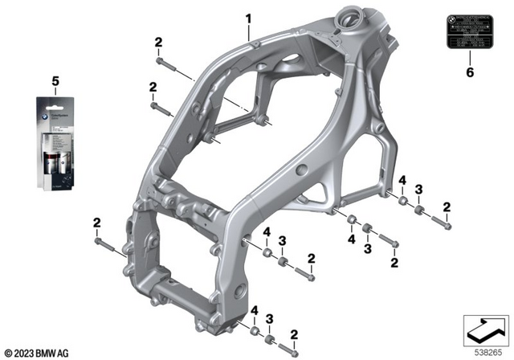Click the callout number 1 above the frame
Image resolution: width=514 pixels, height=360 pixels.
[248, 18]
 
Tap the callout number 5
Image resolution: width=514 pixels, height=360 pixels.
[55, 81]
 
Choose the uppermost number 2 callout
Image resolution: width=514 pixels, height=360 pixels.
[158, 42]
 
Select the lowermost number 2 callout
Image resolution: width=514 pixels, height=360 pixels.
[294, 334]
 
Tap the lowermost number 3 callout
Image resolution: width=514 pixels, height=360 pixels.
[270, 319]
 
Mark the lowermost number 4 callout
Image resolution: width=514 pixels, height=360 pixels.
[254, 311]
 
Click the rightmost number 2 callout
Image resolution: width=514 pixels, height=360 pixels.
[447, 207]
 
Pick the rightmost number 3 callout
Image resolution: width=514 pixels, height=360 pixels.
[418, 190]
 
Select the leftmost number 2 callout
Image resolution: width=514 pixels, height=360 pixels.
[96, 223]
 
